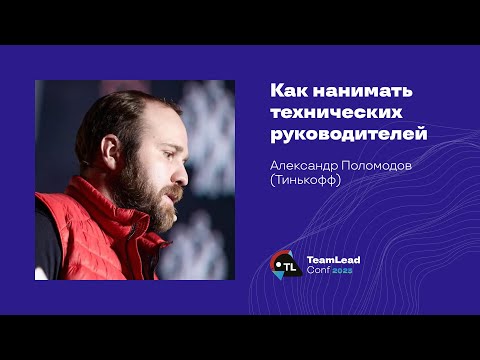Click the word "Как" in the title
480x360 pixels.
point(290,90)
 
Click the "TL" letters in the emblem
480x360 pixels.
point(289,266)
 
